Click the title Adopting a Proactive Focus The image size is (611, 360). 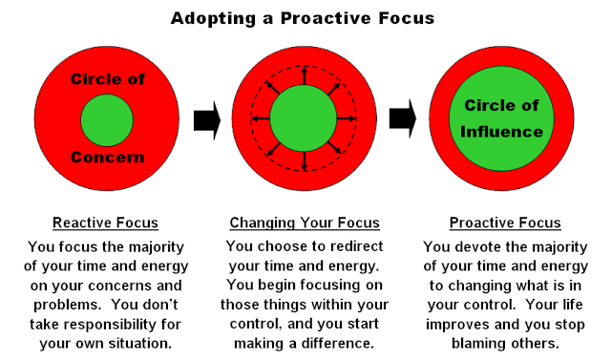pos(305,18)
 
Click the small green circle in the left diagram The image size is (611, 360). pos(107,120)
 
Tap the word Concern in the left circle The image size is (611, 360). pos(107,157)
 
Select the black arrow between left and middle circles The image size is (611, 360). pos(206,120)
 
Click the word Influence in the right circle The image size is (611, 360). pos(503,132)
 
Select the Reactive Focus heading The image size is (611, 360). pos(106,223)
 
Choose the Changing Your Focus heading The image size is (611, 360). pos(305,223)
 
